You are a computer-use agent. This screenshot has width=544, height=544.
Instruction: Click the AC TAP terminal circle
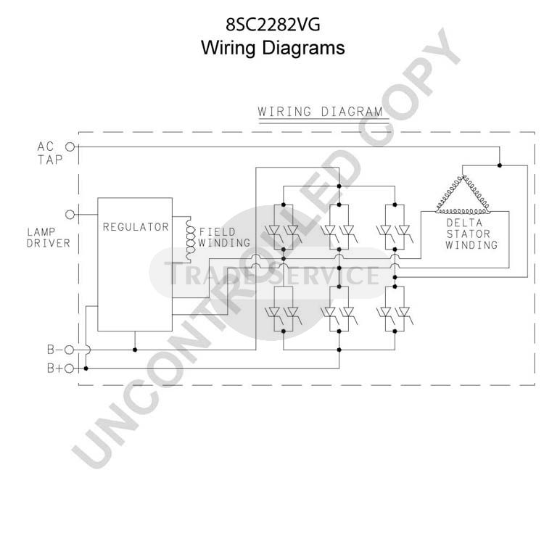[x=70, y=147]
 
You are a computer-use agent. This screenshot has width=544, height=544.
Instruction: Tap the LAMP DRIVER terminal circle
[x=70, y=215]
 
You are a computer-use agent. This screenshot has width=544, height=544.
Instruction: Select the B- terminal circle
[x=70, y=350]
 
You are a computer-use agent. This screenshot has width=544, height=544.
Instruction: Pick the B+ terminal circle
[x=70, y=368]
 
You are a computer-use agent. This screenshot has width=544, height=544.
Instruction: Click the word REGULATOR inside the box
[x=136, y=227]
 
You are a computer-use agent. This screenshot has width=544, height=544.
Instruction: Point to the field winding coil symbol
[x=190, y=239]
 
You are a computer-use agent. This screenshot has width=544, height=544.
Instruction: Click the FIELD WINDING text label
[x=224, y=237]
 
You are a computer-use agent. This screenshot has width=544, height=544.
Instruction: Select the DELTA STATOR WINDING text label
[x=471, y=234]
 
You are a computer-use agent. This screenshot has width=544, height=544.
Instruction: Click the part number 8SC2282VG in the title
[x=273, y=25]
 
